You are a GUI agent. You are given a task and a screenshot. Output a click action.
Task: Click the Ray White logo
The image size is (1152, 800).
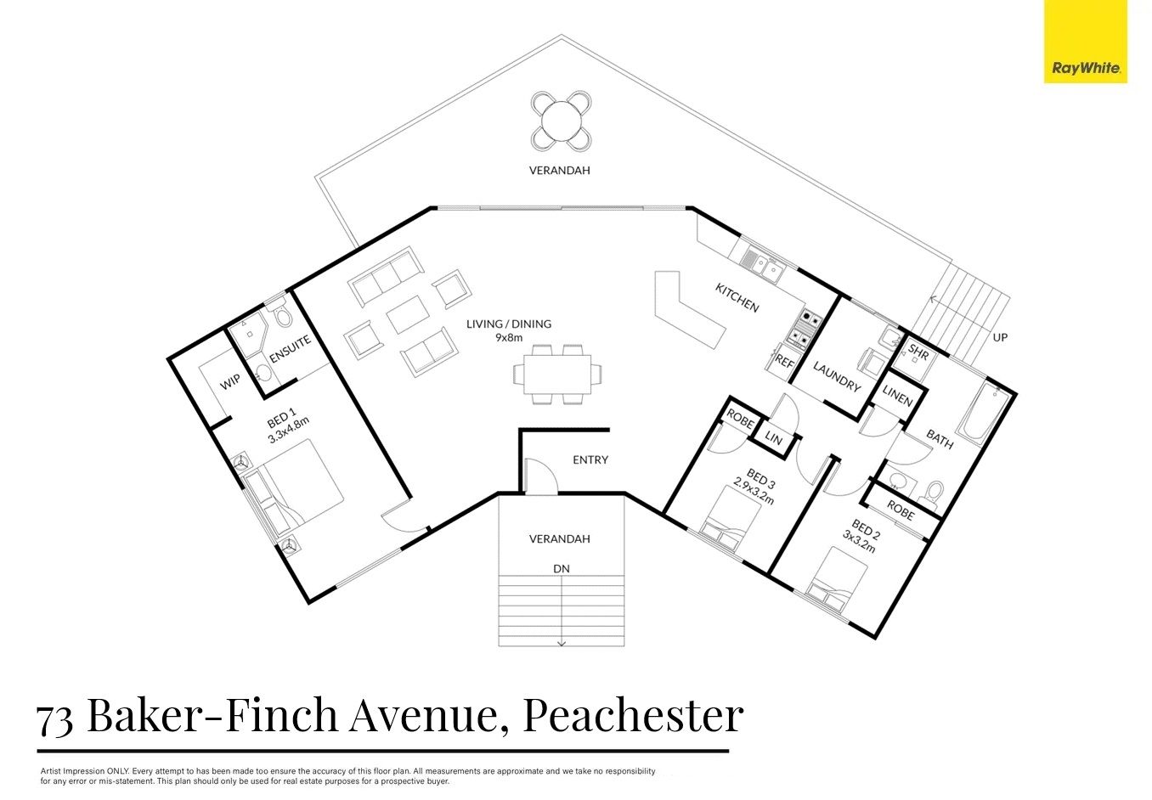pyautogui.click(x=1085, y=42)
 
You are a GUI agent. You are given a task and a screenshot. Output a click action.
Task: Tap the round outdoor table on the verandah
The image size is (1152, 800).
pyautogui.click(x=562, y=120)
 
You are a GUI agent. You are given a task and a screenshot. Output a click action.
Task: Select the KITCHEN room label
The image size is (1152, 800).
pyautogui.click(x=737, y=298)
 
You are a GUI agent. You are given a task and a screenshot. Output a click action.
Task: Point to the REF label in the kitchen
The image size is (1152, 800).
pyautogui.click(x=784, y=363)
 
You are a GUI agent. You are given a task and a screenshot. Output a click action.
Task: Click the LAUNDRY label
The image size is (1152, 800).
pyautogui.click(x=837, y=376)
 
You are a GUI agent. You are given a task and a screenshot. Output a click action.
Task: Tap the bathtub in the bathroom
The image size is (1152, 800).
pyautogui.click(x=985, y=414)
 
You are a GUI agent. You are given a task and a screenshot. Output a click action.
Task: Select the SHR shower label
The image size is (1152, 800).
pyautogui.click(x=918, y=350)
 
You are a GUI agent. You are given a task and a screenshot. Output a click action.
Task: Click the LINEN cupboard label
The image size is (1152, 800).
pyautogui.click(x=897, y=397)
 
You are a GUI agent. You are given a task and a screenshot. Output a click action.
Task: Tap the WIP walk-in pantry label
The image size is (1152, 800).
pyautogui.click(x=229, y=383)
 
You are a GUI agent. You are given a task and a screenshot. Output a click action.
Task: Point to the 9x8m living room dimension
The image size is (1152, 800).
pyautogui.click(x=509, y=337)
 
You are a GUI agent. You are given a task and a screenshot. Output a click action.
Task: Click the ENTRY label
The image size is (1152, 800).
pyautogui.click(x=590, y=459)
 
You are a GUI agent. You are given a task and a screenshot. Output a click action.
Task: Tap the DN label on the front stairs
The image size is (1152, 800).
pyautogui.click(x=562, y=568)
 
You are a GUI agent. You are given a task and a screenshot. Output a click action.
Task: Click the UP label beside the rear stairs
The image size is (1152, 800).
pyautogui.click(x=1000, y=337)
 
